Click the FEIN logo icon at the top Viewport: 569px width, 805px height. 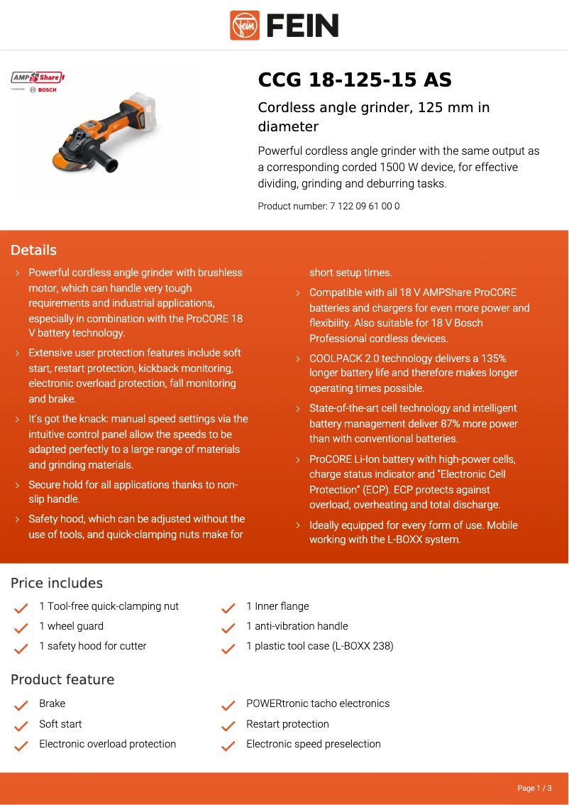[245, 26]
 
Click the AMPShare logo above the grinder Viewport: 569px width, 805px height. [38, 77]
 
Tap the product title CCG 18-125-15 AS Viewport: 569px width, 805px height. [355, 80]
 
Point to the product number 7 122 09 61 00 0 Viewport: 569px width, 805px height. [365, 207]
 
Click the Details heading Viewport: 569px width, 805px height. [33, 250]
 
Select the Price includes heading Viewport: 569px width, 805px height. [57, 583]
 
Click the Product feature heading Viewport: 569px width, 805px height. [62, 679]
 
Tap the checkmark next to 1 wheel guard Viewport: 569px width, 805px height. [21, 628]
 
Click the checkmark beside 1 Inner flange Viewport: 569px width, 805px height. [228, 608]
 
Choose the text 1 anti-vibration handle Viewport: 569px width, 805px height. [297, 626]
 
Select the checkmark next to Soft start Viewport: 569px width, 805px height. [21, 725]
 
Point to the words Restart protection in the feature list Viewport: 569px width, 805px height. [287, 724]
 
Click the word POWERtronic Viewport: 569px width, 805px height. [279, 703]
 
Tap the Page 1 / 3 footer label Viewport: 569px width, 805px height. [534, 788]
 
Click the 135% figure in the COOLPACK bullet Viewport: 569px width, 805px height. [492, 358]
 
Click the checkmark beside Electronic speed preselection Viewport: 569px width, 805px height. [228, 746]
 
